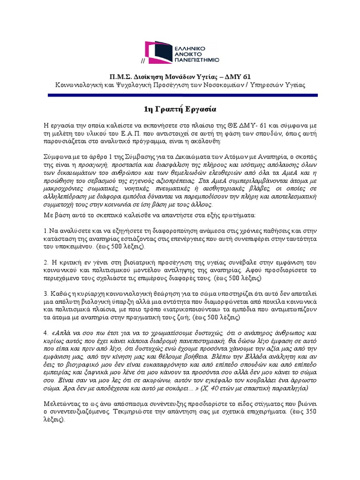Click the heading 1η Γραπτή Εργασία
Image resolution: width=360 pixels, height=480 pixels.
tap(180, 109)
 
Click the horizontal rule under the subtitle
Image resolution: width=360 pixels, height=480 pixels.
tap(180, 96)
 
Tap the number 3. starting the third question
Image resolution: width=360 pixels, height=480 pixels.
tap(45, 293)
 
